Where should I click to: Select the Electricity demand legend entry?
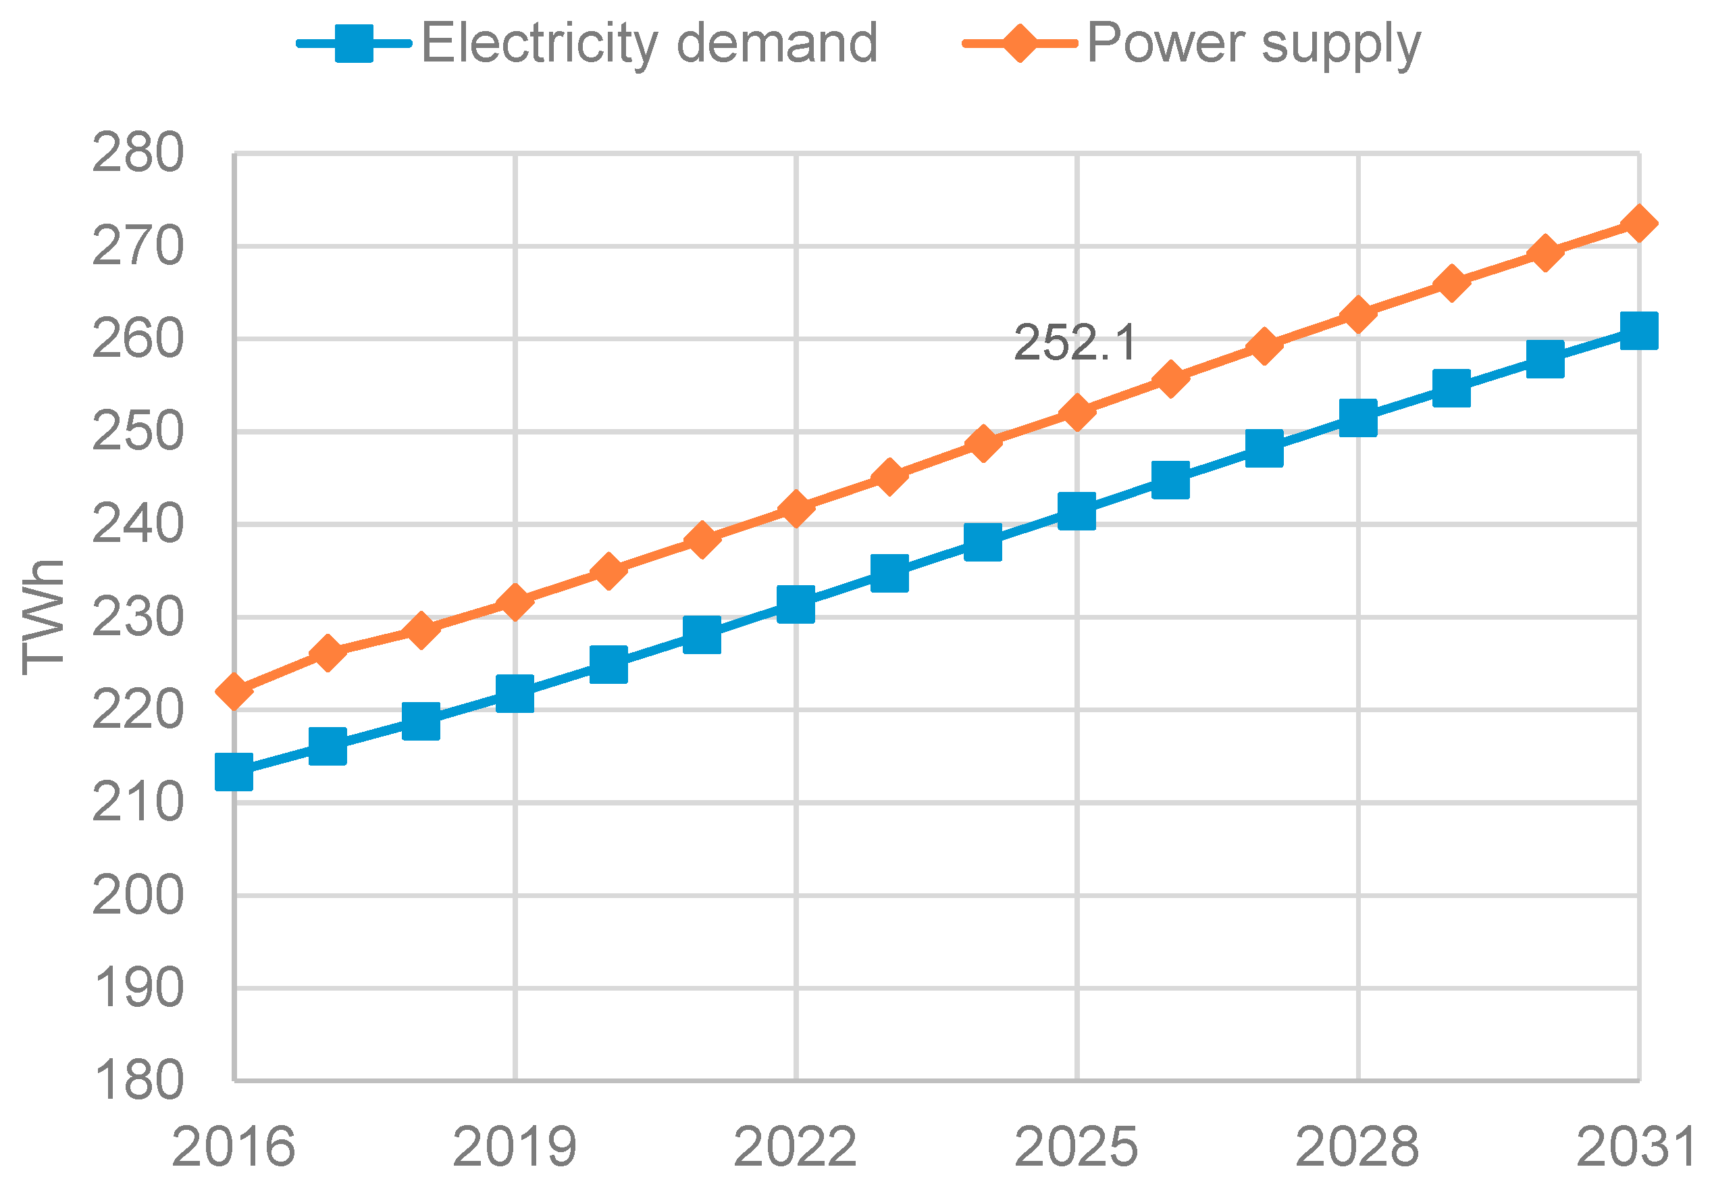(x=649, y=43)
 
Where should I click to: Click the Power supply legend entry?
(x=1253, y=43)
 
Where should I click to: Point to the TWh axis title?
(x=43, y=617)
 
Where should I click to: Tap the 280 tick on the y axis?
(x=137, y=153)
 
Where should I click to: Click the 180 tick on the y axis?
(x=137, y=1080)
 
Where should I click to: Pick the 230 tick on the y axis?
(x=137, y=618)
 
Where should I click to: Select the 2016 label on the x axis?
(x=234, y=1147)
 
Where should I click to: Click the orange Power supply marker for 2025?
(x=1076, y=412)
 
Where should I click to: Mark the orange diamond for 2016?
(x=234, y=691)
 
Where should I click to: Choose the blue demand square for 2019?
(x=515, y=694)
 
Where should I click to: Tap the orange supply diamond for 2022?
(x=795, y=509)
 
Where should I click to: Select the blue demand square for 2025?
(x=1077, y=510)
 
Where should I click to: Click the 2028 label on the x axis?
(x=1357, y=1147)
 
